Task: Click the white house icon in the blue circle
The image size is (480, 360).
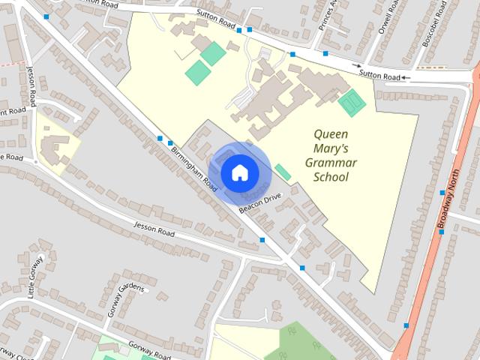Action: [238, 173]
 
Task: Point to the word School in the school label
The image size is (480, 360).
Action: [331, 178]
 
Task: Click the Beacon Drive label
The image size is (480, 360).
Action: [259, 203]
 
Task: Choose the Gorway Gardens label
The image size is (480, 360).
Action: [125, 298]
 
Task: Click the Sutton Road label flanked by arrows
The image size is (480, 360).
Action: [379, 76]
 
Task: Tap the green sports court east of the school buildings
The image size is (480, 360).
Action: [350, 102]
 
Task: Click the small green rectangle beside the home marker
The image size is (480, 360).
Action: [283, 172]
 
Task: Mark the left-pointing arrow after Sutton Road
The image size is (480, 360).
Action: [406, 77]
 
